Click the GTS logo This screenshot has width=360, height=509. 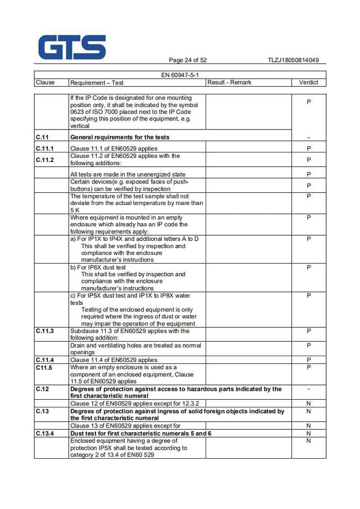click(x=72, y=48)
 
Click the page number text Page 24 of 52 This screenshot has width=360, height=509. click(x=188, y=60)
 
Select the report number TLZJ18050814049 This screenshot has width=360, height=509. click(x=293, y=60)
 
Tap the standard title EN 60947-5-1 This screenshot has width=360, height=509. click(x=180, y=75)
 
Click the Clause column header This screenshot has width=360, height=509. click(x=45, y=82)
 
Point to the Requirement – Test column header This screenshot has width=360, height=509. click(x=97, y=83)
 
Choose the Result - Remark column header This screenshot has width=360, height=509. click(x=229, y=82)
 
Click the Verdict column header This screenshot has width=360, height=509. click(x=308, y=82)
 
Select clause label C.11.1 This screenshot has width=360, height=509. click(x=45, y=148)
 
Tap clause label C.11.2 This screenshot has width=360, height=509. click(x=45, y=160)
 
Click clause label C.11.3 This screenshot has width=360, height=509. click(x=45, y=331)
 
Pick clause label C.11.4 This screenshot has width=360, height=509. click(x=45, y=360)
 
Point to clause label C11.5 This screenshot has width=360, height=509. click(x=44, y=367)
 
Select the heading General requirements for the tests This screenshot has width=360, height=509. click(x=120, y=137)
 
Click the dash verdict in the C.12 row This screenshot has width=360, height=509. click(x=309, y=389)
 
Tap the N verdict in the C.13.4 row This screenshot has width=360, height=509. click(x=309, y=433)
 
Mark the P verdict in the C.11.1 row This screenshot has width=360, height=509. click(x=309, y=148)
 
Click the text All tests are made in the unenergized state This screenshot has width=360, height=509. click(x=128, y=174)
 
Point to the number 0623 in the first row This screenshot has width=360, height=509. click(x=77, y=112)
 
